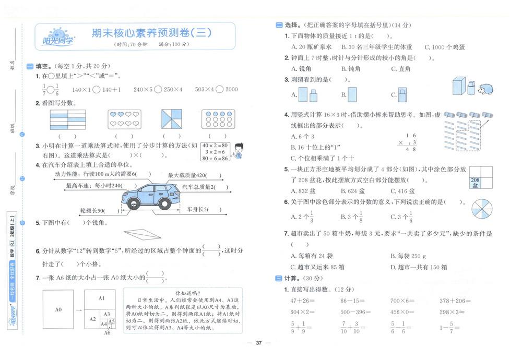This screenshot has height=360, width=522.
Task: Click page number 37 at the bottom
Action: point(258,343)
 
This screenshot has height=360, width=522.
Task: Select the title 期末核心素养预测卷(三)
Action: point(151,33)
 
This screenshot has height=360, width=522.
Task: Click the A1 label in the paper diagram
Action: point(102,298)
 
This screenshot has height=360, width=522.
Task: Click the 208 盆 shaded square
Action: point(475,182)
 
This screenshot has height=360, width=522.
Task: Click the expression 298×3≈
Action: point(452,311)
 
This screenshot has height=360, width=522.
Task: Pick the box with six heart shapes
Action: point(124,119)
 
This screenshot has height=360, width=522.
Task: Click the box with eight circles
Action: point(218,119)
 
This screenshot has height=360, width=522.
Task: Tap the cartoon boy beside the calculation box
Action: point(238,151)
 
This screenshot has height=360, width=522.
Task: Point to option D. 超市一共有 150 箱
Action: point(419,267)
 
